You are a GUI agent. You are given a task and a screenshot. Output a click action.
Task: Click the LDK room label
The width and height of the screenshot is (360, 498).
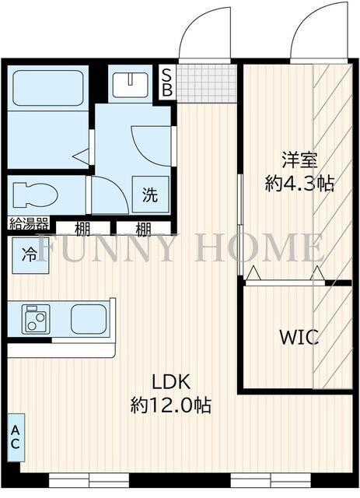[171, 382]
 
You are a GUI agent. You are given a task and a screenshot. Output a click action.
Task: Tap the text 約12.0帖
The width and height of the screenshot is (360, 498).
[171, 405]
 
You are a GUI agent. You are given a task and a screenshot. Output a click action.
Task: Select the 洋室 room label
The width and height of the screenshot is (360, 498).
[299, 161]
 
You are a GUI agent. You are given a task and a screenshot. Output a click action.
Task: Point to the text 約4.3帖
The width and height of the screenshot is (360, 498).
[299, 184]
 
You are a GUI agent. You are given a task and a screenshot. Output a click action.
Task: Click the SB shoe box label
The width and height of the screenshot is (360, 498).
[166, 80]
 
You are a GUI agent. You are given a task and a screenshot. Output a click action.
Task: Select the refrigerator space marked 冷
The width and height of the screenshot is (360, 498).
[30, 254]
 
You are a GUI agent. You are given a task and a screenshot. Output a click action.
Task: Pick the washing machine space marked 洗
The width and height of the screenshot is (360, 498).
[150, 195]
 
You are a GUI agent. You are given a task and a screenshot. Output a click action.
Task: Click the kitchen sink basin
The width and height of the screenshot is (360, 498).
[91, 319]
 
